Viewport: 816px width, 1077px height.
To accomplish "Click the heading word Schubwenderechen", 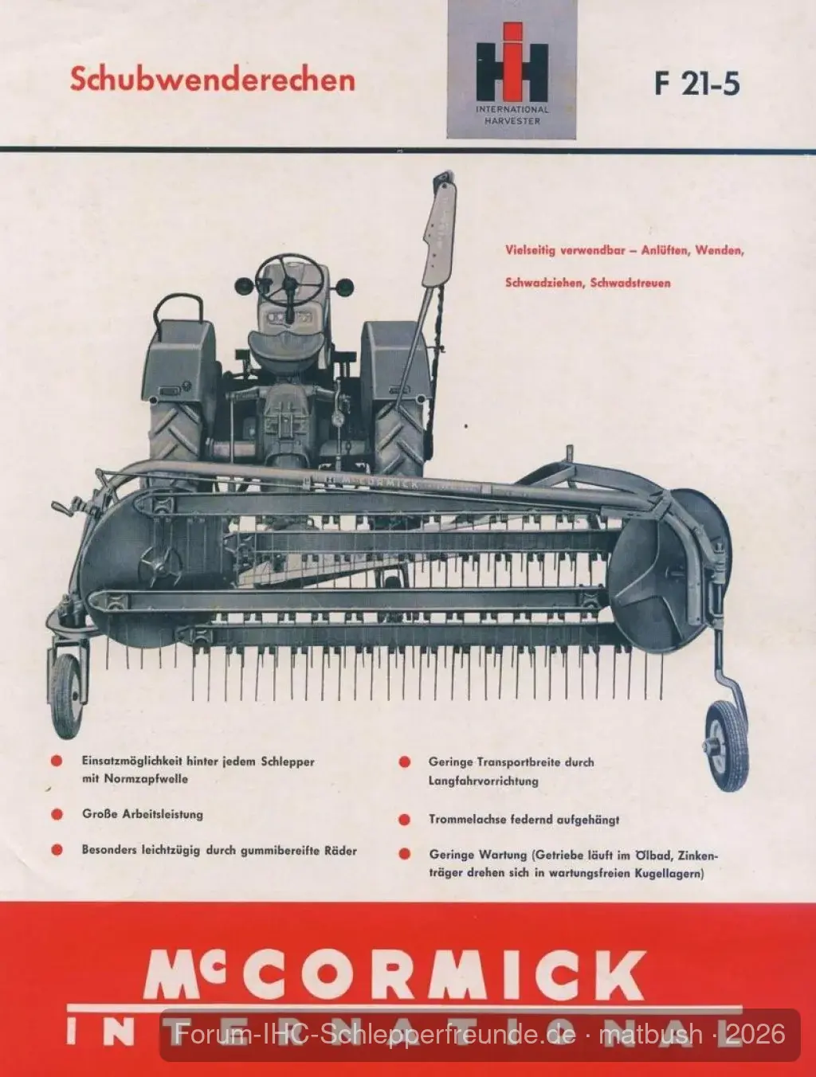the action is tap(213, 80).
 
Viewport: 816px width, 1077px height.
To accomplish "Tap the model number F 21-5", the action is tap(696, 84).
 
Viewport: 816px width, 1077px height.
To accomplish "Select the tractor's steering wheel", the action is tap(289, 280).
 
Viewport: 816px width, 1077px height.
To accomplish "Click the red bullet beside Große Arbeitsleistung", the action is tap(57, 814).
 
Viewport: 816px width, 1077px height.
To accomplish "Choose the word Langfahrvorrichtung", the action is tap(484, 781).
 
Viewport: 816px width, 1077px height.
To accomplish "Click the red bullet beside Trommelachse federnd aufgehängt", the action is tap(404, 820).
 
